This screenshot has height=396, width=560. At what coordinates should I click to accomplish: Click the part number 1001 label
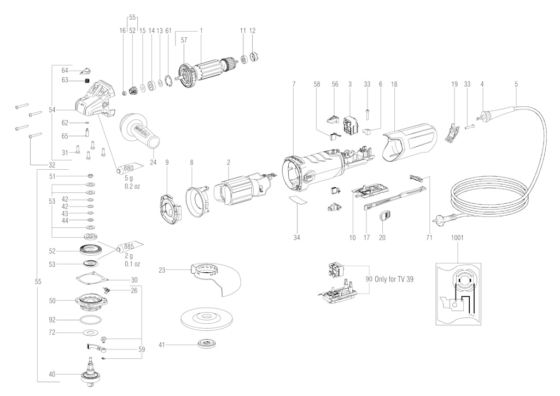click(x=457, y=238)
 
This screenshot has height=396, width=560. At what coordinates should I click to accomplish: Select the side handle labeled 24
click(x=140, y=131)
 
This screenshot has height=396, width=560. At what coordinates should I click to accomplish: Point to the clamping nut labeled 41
click(x=207, y=345)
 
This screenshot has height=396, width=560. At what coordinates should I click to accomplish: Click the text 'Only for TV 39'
click(x=394, y=279)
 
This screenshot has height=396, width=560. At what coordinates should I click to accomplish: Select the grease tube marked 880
click(x=129, y=168)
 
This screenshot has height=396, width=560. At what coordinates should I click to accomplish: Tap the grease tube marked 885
click(x=129, y=247)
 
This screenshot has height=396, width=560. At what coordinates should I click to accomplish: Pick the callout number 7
click(x=294, y=84)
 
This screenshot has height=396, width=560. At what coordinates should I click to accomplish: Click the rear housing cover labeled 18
click(x=410, y=141)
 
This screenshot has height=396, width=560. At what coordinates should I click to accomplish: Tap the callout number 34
click(x=297, y=238)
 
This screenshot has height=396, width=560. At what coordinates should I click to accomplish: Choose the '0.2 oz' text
click(x=132, y=186)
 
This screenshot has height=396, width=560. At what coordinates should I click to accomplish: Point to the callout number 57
click(x=184, y=41)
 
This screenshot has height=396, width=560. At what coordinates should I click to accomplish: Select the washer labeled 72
click(x=90, y=332)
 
